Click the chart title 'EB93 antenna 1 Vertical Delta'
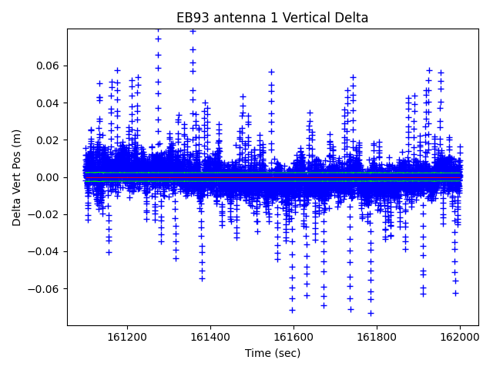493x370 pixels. (x=273, y=18)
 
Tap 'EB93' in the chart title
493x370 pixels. (x=192, y=18)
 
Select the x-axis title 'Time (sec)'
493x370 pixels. (x=273, y=353)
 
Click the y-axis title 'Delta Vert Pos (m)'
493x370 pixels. (x=17, y=177)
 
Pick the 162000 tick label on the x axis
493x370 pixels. (x=461, y=337)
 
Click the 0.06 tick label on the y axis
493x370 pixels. (x=48, y=66)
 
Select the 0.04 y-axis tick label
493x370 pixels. (x=48, y=103)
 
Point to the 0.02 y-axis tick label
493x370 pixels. (x=48, y=140)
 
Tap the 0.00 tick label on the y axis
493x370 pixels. (x=48, y=177)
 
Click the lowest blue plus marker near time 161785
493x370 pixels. (x=371, y=313)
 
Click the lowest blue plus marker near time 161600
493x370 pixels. (x=292, y=310)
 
